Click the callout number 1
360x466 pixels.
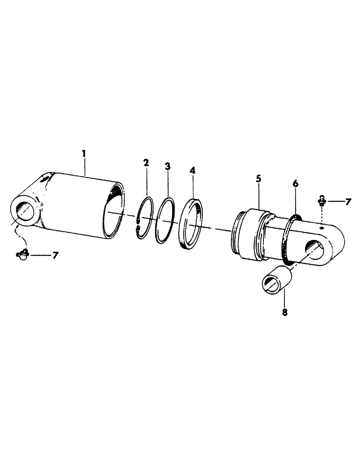click(x=84, y=152)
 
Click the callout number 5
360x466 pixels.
click(x=258, y=178)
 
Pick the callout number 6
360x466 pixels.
click(x=295, y=185)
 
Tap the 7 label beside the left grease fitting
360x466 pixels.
click(x=56, y=255)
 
